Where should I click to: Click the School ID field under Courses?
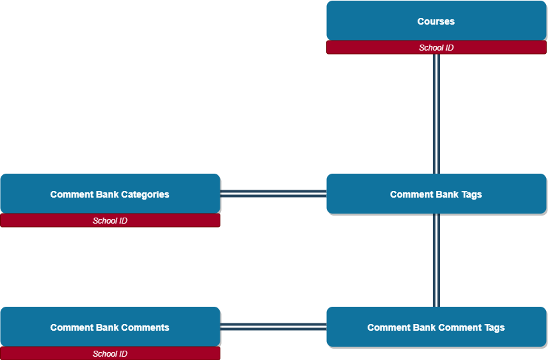436,48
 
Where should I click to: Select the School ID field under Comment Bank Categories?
110,221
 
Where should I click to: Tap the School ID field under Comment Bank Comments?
110,354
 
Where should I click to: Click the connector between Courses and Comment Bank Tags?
436,113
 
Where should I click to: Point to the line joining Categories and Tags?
273,194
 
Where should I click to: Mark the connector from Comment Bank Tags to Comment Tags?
436,260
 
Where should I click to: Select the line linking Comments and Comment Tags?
273,327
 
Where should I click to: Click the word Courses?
436,21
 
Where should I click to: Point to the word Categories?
145,195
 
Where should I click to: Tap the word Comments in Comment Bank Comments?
145,328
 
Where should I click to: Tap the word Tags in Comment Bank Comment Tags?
493,328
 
